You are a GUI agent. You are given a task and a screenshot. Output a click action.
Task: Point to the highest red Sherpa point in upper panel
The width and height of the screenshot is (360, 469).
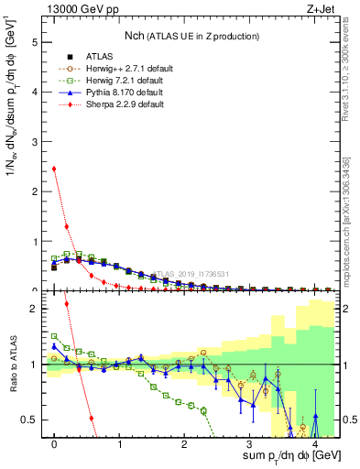54,169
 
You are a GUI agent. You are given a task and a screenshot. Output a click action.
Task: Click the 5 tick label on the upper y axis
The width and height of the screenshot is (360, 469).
35,42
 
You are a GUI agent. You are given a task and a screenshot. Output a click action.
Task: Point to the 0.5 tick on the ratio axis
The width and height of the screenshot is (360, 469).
31,420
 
